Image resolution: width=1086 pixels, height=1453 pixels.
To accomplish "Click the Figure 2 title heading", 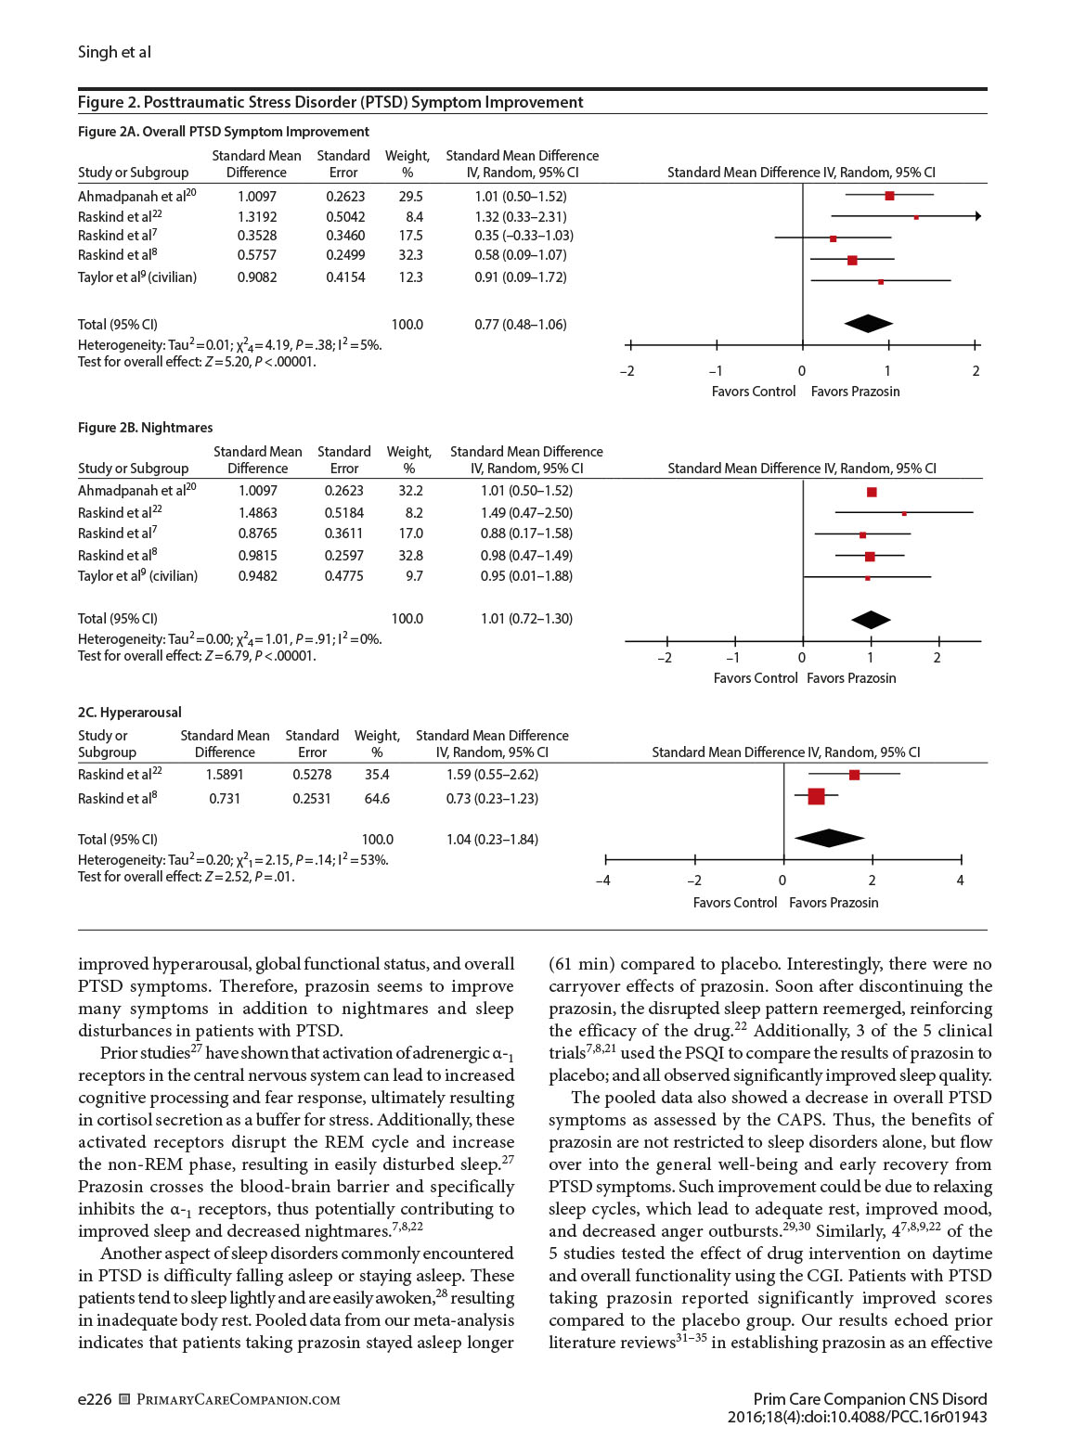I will [330, 102].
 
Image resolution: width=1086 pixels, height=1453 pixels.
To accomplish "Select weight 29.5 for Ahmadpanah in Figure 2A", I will [410, 197].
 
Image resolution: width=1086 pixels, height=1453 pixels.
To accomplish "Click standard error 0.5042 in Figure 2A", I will [345, 217].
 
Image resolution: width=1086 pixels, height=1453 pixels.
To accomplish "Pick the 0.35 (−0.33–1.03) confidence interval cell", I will [524, 236].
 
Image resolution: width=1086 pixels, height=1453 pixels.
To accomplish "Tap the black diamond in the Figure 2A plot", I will [869, 324].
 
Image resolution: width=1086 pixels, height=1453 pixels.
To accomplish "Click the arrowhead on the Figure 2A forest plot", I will [976, 216].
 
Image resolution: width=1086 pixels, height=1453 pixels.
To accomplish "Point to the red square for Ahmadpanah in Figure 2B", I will [872, 493].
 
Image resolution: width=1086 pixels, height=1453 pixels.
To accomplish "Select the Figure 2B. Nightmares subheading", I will [145, 428].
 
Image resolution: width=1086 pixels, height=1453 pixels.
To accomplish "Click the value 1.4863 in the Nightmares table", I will [257, 513].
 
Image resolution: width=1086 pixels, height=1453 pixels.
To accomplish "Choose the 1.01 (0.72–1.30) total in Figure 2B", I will [526, 619].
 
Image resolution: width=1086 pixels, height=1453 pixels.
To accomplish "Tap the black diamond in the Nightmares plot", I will [871, 620].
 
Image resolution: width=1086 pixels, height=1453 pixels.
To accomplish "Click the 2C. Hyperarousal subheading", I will [129, 713].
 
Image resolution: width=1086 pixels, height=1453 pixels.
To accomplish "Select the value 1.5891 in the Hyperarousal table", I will [225, 775].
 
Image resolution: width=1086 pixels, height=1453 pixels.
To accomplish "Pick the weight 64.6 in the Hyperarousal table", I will [377, 799].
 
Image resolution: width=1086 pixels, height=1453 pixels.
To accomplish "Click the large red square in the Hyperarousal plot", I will [816, 796].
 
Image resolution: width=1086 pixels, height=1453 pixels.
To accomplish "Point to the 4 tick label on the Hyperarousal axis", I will [961, 881].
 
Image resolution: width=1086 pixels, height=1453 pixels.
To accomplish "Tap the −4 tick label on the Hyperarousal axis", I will [603, 881].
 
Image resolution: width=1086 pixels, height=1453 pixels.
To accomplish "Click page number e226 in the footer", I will [95, 1399].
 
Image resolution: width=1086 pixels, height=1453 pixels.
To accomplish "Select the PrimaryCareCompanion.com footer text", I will [238, 1399].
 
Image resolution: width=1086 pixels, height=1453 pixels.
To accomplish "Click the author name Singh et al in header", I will [114, 52].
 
